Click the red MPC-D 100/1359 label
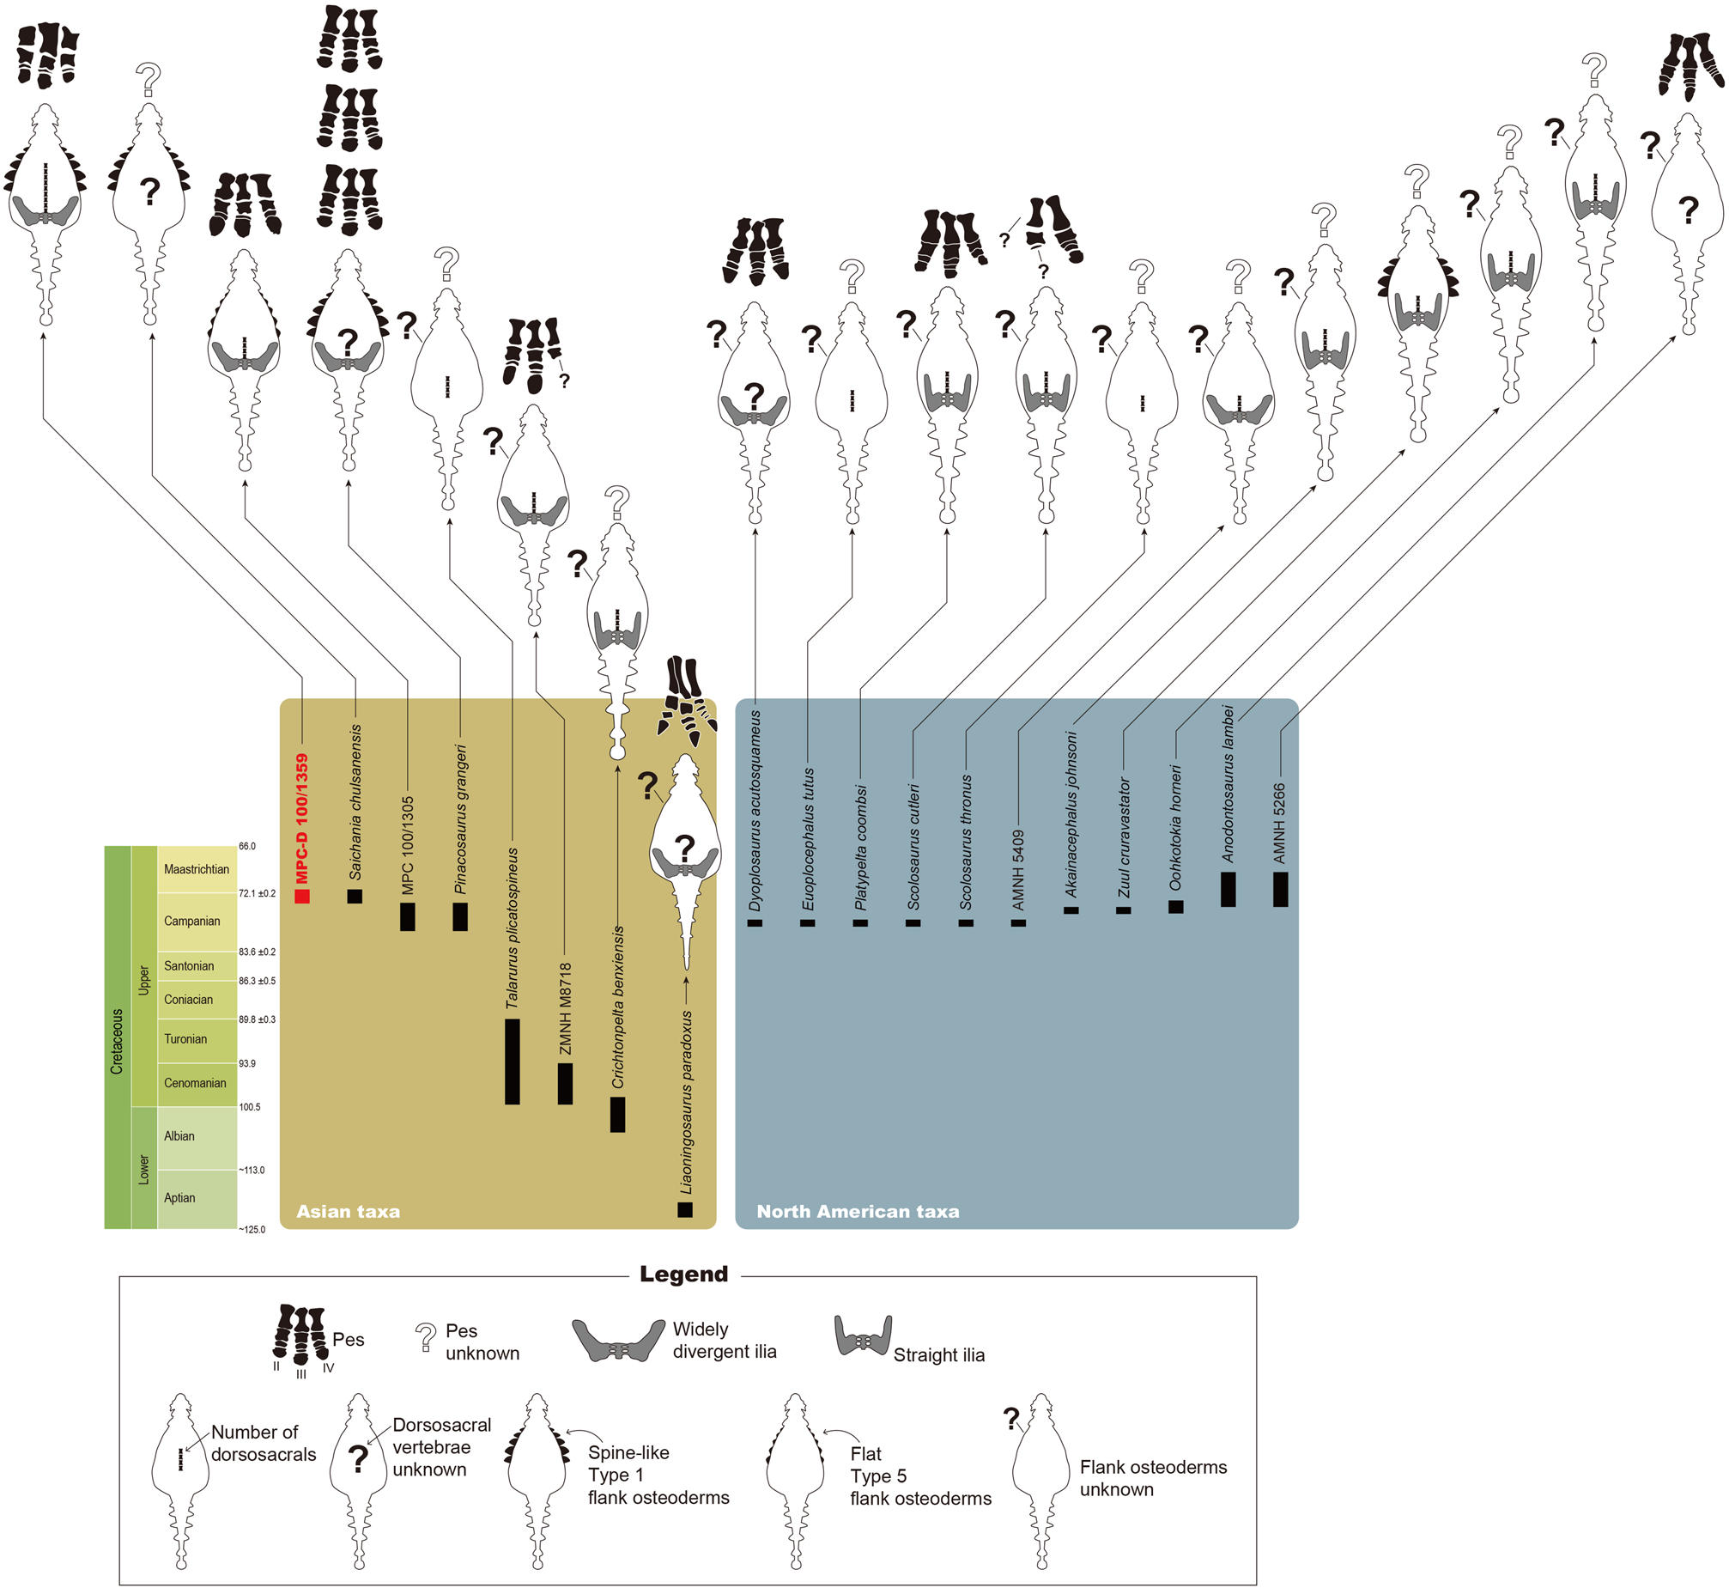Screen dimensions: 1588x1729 coord(301,818)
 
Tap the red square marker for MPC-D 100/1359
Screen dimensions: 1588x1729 coord(302,897)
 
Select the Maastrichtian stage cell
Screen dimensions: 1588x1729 coord(197,870)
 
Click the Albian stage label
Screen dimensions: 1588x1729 coord(179,1136)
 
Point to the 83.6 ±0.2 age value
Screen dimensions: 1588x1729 coord(257,952)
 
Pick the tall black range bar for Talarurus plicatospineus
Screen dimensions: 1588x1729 coord(513,1062)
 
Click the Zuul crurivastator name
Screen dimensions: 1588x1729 coord(1125,838)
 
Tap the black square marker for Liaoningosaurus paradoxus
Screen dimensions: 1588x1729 coord(684,1210)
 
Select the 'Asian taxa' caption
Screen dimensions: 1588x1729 coord(348,1212)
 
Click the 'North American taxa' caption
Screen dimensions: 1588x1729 coord(857,1212)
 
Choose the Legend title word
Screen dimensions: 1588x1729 coord(683,1275)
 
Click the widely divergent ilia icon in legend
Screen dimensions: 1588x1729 coord(617,1341)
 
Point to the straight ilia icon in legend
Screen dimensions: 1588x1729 coord(862,1336)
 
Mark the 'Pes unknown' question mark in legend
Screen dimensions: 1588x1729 coord(425,1338)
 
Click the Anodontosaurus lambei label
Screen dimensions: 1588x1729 coord(1228,783)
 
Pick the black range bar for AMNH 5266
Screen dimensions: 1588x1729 coord(1281,890)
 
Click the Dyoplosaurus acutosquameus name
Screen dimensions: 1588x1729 coord(755,811)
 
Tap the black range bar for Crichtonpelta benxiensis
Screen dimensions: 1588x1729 coord(617,1115)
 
